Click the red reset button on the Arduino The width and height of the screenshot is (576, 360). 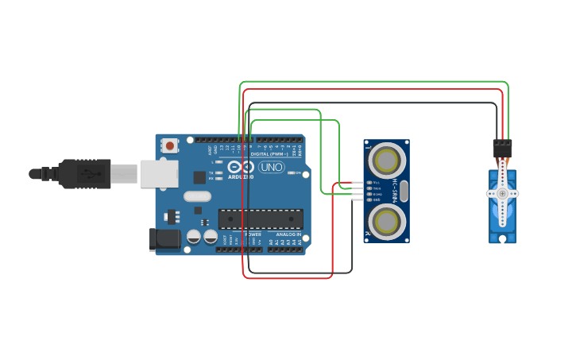pos(169,145)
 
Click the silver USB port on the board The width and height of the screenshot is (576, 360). pos(158,173)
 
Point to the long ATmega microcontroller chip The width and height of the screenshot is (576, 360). pos(261,219)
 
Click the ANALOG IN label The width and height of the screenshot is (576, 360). pos(288,235)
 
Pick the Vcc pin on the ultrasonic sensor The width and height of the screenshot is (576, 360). pos(369,183)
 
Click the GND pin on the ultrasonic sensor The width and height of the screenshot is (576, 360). pos(369,199)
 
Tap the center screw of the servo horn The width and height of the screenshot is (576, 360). pos(502,193)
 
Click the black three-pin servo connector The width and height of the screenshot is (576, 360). pos(502,148)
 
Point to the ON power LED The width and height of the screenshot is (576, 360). pos(292,172)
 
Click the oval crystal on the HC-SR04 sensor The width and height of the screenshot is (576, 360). pos(404,191)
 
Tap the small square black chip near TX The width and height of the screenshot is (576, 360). pos(199,178)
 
